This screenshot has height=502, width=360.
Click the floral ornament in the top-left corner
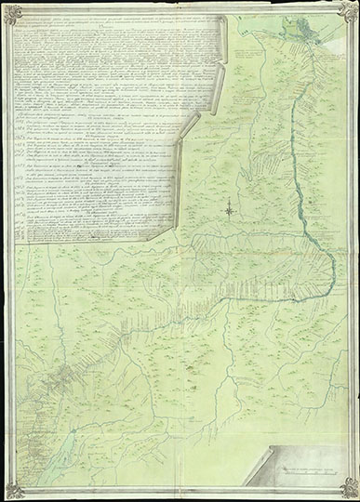[x=12, y=11]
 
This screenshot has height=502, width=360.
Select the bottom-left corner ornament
[x=12, y=489]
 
